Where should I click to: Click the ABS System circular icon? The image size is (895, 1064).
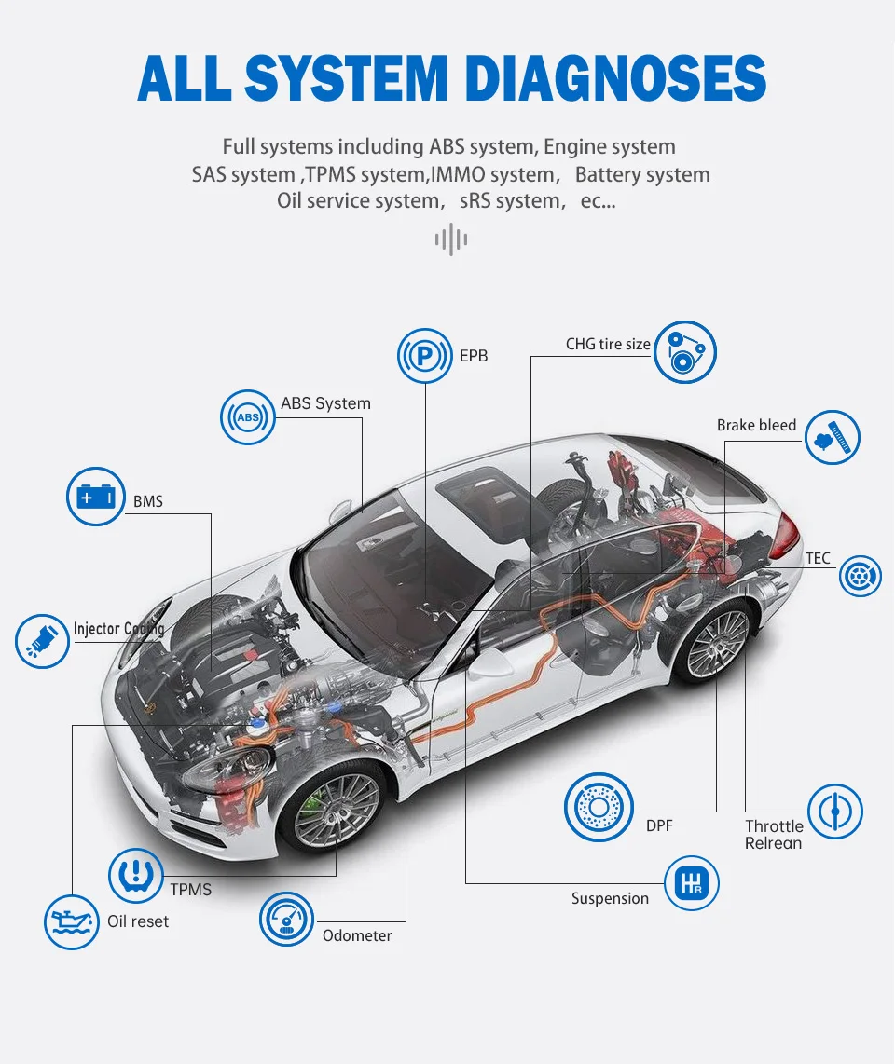tap(248, 417)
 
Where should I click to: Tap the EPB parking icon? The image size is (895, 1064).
tap(425, 355)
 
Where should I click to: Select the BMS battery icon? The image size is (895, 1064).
tap(96, 497)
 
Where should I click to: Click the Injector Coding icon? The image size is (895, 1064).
tap(43, 640)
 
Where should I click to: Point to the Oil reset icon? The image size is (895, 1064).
tap(72, 921)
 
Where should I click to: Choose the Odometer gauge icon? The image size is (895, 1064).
tap(287, 919)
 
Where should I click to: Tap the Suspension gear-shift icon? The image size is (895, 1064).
tap(692, 884)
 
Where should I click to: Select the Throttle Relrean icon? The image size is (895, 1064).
tap(834, 812)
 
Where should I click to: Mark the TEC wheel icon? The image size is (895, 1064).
tap(860, 575)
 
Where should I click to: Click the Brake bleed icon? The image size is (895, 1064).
tap(833, 437)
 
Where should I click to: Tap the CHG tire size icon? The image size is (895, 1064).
tap(685, 352)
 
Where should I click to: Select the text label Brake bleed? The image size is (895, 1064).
tap(756, 425)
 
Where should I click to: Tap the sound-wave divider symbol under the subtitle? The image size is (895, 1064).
tap(451, 239)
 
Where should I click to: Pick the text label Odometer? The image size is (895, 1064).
tap(357, 935)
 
